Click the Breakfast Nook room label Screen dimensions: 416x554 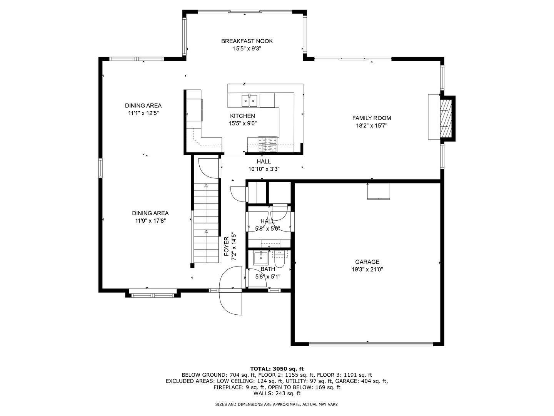pos(247,41)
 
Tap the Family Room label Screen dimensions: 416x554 pos(371,118)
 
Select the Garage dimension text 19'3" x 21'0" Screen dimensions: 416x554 pos(367,270)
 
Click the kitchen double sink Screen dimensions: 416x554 pos(250,101)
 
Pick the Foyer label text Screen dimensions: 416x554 pos(227,247)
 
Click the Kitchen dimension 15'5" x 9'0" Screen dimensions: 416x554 pos(242,124)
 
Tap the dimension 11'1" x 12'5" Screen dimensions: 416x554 pos(143,113)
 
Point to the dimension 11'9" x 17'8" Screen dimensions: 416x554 pos(150,221)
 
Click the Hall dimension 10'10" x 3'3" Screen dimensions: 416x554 pos(264,169)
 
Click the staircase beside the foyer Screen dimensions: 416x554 pos(206,223)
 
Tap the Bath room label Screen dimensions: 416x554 pos(267,269)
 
